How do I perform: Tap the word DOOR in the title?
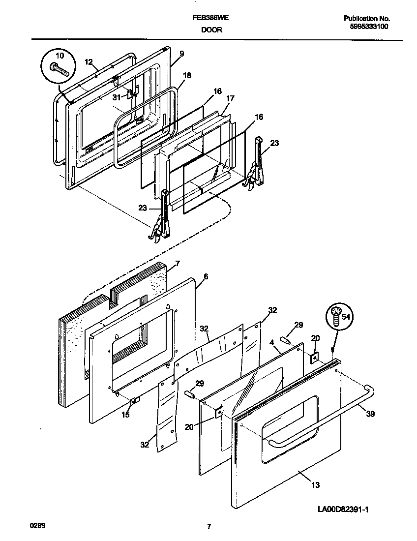(211, 30)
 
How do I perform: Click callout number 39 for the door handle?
(370, 414)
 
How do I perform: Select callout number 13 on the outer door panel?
(315, 485)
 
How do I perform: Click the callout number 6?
(206, 277)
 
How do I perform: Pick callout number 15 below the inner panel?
(126, 415)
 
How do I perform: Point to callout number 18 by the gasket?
(187, 75)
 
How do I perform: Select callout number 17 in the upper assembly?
(230, 98)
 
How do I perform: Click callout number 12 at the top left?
(89, 61)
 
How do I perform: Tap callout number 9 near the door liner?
(181, 53)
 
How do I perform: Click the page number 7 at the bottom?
(209, 527)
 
